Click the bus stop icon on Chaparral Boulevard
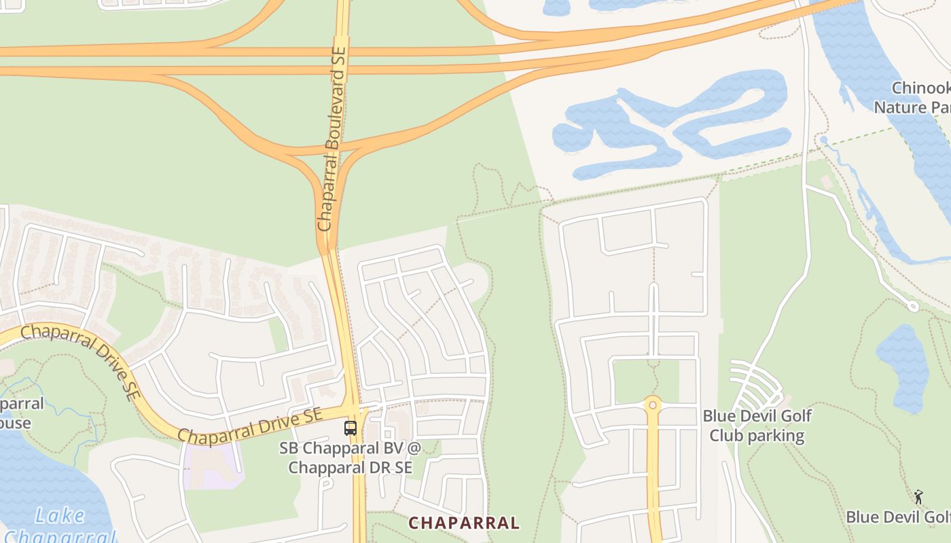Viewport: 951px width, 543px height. point(351,428)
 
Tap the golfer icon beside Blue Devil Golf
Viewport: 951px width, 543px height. point(918,497)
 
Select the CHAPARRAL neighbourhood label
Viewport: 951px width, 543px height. point(464,523)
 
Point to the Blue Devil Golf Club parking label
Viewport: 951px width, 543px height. point(757,426)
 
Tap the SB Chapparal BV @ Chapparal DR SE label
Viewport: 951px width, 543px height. point(351,458)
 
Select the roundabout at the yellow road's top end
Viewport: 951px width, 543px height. point(652,405)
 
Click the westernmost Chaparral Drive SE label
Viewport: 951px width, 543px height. point(78,360)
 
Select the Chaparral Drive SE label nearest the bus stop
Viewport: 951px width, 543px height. point(249,426)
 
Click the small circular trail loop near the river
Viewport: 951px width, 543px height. point(913,307)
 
